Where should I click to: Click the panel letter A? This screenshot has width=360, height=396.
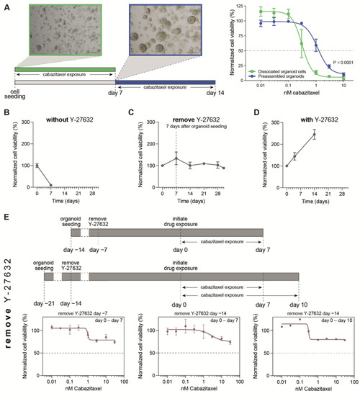point(5,5)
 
